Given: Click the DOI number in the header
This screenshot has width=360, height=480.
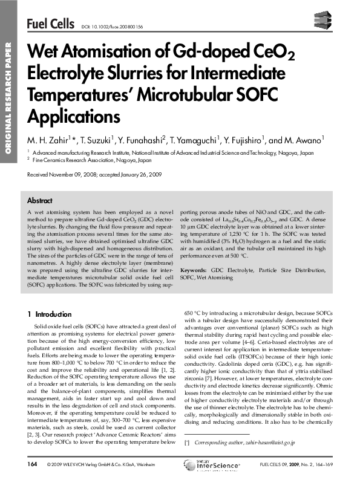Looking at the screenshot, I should coord(111,27).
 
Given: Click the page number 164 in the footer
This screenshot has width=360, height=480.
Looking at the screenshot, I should coord(33,464).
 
